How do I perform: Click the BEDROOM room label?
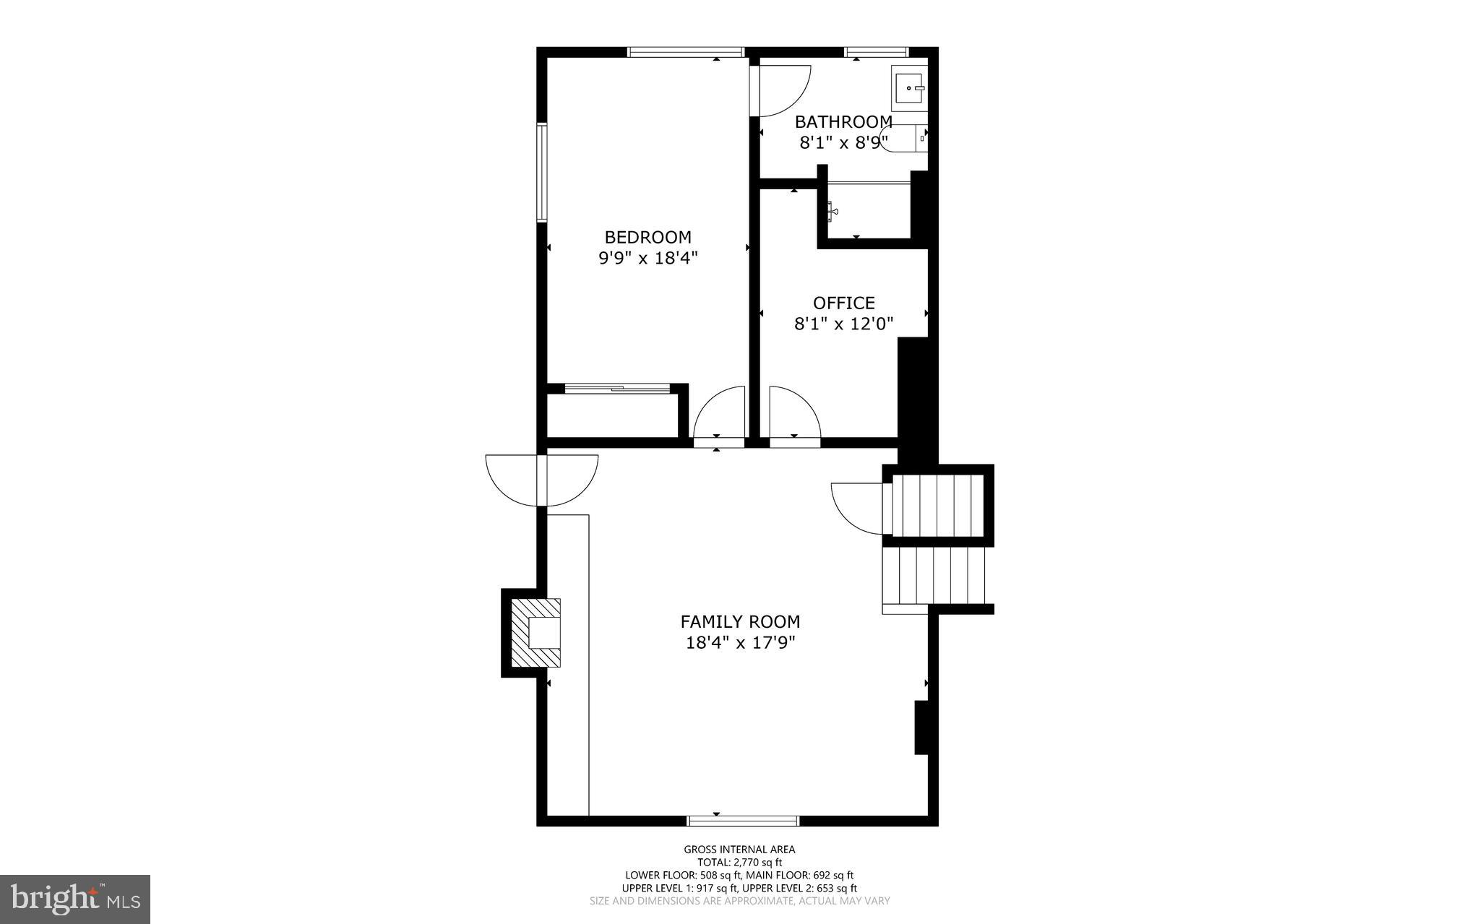647,237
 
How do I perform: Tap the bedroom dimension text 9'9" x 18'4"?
647,258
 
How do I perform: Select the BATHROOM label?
843,121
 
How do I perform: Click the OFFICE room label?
843,303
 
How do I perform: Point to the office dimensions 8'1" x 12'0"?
843,324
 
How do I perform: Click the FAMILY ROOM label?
740,621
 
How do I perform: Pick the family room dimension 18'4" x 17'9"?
740,643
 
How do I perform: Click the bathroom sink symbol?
909,88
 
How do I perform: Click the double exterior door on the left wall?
542,480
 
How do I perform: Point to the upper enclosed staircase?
937,504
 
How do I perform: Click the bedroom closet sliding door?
617,389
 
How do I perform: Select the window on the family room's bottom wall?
743,821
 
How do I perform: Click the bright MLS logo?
74,899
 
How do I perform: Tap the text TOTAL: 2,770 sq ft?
739,862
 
